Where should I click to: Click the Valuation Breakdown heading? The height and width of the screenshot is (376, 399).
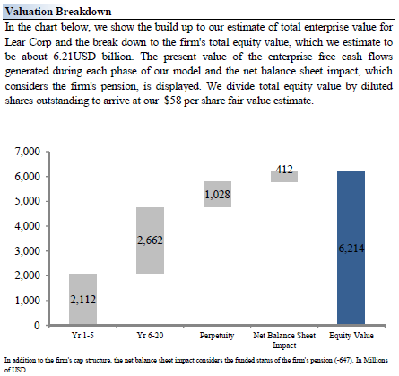(58, 12)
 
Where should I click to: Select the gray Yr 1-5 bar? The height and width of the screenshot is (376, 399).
(82, 299)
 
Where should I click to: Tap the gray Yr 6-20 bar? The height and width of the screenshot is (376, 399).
(150, 240)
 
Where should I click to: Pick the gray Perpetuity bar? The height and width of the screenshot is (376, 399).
(217, 194)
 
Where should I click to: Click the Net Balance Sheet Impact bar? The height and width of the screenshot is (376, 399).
(284, 176)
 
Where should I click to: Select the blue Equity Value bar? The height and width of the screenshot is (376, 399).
(351, 248)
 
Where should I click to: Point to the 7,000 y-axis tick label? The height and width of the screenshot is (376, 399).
(27, 152)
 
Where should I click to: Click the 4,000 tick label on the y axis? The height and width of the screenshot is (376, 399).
(27, 225)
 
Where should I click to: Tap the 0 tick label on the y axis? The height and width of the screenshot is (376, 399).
(37, 325)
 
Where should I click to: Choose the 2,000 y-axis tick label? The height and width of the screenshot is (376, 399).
(27, 275)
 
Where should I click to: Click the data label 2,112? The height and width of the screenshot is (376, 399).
(83, 300)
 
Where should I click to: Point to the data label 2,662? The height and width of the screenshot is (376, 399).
(150, 240)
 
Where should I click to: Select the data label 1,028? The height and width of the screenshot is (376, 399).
(217, 195)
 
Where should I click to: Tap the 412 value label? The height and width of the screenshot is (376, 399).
(284, 170)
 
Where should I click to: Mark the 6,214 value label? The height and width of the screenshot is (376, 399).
(351, 249)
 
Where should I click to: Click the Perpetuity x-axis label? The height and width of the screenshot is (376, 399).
(217, 336)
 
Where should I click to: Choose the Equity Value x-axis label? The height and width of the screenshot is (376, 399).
(351, 336)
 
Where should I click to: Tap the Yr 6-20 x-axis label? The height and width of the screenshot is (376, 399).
(150, 336)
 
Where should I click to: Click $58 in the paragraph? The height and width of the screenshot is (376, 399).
(173, 101)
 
